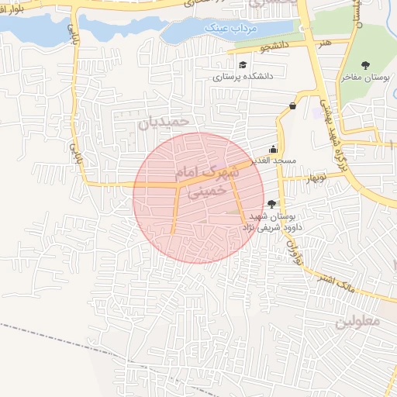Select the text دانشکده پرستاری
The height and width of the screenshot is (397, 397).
click(x=243, y=78)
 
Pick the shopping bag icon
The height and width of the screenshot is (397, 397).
click(x=292, y=106)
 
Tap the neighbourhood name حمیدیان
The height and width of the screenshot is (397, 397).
click(x=164, y=123)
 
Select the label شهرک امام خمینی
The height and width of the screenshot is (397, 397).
click(x=213, y=178)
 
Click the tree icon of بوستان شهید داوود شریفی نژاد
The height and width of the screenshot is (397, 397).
click(x=271, y=203)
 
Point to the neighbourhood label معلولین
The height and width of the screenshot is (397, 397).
click(x=359, y=321)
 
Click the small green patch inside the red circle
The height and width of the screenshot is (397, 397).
click(x=234, y=211)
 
